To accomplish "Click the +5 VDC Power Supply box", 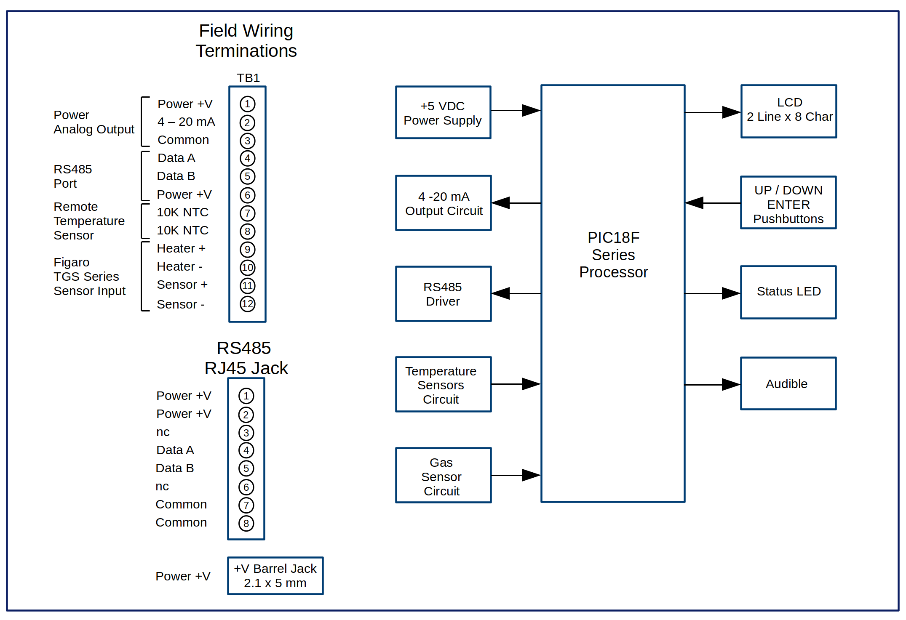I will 443,113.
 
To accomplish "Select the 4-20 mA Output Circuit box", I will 443,203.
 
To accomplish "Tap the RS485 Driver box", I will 443,294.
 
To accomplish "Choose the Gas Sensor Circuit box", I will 443,475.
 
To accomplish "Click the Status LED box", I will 788,292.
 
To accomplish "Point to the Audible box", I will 788,383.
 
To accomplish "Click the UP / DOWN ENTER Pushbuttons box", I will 788,203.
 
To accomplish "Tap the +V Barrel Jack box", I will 275,576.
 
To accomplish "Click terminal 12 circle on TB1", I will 248,304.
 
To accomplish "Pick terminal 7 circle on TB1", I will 248,213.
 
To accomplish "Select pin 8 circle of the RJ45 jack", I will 246,524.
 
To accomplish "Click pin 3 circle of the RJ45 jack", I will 246,433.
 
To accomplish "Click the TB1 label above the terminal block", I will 248,78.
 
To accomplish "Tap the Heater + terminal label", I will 181,248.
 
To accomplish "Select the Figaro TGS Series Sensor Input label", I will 89,277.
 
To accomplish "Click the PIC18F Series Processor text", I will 613,255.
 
